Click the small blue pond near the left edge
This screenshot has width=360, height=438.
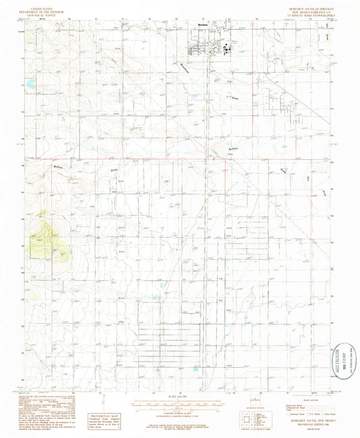(30, 84)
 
